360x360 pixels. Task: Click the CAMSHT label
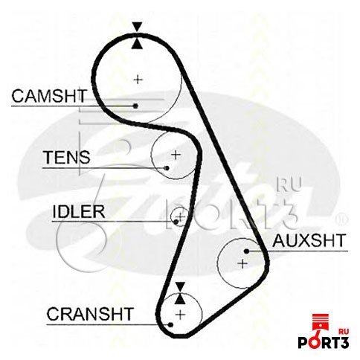coord(49,96)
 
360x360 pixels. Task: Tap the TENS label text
coord(66,157)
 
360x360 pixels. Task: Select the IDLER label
coord(79,211)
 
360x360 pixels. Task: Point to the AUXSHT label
coord(309,240)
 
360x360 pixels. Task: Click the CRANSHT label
coord(90,314)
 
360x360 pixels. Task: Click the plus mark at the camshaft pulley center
coord(138,80)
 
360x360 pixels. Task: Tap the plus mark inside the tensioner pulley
coord(176,155)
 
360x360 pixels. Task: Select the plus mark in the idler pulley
coord(181,217)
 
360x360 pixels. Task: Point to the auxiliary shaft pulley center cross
coord(242,263)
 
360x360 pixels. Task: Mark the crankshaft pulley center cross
coord(180,315)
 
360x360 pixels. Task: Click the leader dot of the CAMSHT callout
coord(135,106)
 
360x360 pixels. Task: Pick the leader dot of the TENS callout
coord(167,168)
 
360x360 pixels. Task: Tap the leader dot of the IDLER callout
coord(176,222)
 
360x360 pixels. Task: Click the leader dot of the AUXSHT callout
coord(246,251)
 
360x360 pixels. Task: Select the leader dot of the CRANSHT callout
coord(170,324)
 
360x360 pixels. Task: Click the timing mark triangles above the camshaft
coord(137,36)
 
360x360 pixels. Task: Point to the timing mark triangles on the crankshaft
coord(180,293)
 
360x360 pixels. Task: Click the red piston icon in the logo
coord(321,325)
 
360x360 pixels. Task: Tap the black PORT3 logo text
coord(324,342)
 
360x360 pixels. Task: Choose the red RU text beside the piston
coord(344,331)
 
